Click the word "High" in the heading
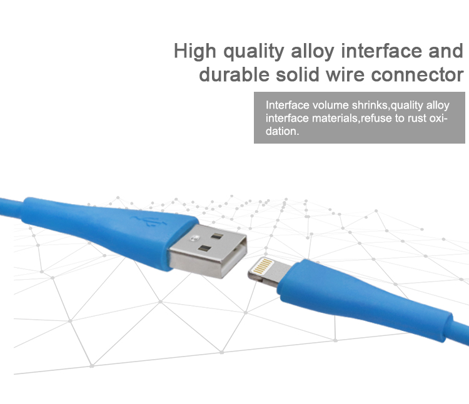click(x=194, y=51)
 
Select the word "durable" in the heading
click(x=234, y=74)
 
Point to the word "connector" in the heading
click(x=417, y=75)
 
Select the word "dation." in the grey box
click(x=283, y=131)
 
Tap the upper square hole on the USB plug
click(x=217, y=237)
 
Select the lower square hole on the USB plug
click(x=205, y=249)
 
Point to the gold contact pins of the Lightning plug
click(x=263, y=266)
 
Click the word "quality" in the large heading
click(x=254, y=52)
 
